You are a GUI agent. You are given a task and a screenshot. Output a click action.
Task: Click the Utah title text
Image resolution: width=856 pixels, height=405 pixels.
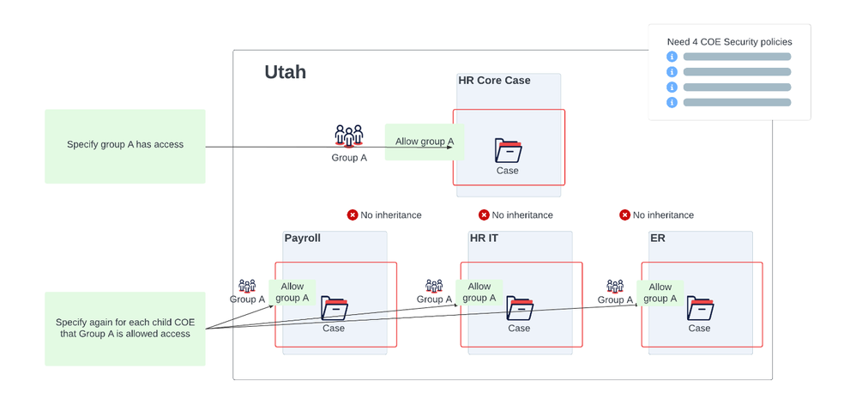(x=285, y=72)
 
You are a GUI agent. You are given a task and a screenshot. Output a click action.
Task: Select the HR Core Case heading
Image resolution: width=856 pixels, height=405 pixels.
(x=494, y=81)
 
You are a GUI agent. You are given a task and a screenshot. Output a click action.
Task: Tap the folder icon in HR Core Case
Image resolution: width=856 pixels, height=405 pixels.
(x=508, y=150)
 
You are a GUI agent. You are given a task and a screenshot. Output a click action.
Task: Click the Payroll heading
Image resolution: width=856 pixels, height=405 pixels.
(x=302, y=238)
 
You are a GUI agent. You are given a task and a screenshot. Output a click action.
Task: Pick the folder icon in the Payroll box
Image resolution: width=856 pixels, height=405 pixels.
(x=334, y=308)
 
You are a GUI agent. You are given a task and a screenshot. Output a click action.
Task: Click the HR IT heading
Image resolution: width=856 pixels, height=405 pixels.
(x=484, y=238)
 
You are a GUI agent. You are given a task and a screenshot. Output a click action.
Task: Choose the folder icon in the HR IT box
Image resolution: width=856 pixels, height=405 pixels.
(x=520, y=308)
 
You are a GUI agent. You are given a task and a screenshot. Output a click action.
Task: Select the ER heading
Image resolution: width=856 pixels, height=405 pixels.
(x=658, y=238)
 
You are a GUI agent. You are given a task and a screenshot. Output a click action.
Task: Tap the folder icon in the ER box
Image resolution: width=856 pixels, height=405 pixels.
(x=700, y=308)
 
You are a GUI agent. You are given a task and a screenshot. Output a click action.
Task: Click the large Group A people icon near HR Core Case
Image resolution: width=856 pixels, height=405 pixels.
(x=349, y=136)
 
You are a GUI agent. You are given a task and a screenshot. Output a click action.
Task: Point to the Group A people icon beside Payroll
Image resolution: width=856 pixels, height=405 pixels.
(x=247, y=286)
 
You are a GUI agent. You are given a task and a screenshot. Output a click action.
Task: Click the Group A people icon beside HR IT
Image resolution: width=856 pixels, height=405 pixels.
(x=434, y=286)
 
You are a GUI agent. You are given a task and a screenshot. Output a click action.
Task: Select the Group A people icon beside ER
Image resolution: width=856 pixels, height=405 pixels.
(x=615, y=286)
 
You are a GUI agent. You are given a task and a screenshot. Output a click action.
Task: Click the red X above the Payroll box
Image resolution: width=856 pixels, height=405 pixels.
(x=352, y=215)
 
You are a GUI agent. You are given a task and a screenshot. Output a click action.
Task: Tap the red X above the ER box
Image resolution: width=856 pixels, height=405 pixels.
(x=624, y=215)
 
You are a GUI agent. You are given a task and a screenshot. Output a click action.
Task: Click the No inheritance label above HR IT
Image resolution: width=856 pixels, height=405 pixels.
(x=522, y=215)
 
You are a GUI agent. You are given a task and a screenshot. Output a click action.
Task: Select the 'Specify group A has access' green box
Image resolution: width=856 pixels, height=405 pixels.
(x=125, y=145)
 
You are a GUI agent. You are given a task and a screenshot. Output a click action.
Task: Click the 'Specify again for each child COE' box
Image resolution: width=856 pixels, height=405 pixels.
(x=125, y=328)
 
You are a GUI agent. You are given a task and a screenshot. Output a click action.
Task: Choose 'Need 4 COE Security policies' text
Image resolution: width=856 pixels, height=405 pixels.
(x=729, y=41)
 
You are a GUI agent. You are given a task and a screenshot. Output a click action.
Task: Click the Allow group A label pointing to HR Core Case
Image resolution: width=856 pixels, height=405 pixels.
(x=425, y=142)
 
